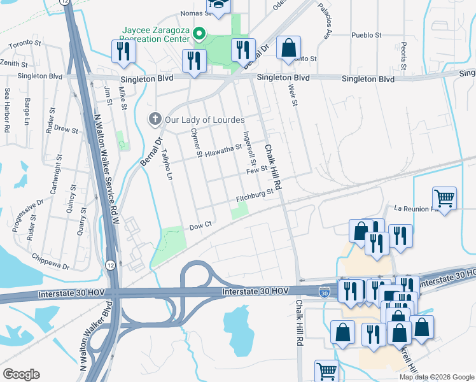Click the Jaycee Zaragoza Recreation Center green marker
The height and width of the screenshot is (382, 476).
tap(199, 34)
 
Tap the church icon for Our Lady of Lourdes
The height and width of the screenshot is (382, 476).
tap(154, 118)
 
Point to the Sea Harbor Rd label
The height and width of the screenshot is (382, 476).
tap(7, 110)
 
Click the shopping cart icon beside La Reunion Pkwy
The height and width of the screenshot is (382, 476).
tap(444, 197)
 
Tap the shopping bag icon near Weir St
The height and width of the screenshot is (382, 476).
tap(288, 47)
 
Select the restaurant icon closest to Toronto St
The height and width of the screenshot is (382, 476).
tap(120, 52)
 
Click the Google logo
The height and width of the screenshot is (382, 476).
tap(21, 374)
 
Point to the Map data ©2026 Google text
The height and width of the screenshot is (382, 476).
tap(437, 377)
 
